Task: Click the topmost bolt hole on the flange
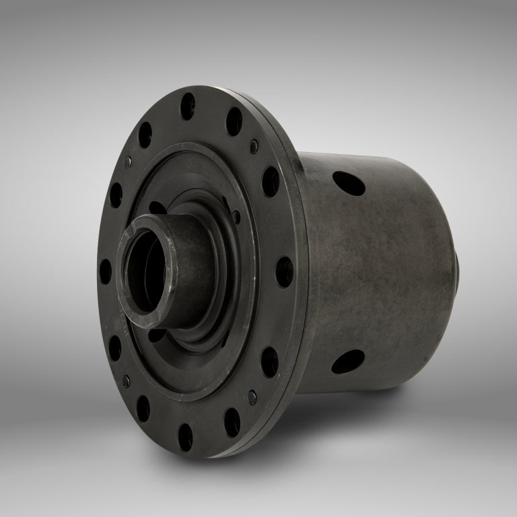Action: pyautogui.click(x=188, y=106)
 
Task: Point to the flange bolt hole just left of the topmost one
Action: pyautogui.click(x=145, y=135)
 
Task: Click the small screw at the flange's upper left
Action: pyautogui.click(x=128, y=162)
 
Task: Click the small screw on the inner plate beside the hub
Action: pyautogui.click(x=236, y=217)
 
